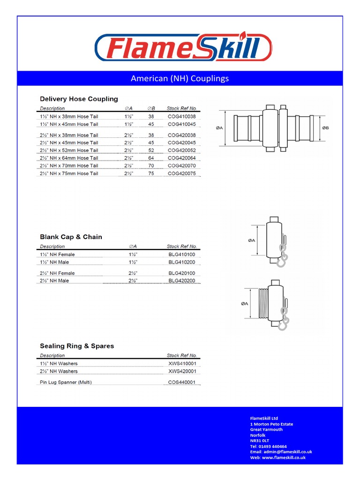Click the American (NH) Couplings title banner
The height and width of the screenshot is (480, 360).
(x=180, y=78)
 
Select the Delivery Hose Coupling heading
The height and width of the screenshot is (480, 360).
(x=79, y=99)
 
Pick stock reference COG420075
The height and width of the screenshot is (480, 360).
(x=181, y=173)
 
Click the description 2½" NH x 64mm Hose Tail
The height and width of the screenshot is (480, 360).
(x=69, y=158)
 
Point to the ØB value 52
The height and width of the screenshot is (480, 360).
(x=151, y=150)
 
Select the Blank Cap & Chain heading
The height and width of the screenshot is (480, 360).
(x=71, y=237)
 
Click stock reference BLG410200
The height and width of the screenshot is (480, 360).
(x=182, y=262)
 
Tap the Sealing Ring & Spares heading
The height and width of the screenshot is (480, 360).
(x=77, y=346)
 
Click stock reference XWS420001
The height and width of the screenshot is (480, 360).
(x=182, y=371)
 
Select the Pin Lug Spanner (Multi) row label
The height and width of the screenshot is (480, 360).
(x=66, y=382)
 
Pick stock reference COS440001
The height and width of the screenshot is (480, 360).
(x=182, y=382)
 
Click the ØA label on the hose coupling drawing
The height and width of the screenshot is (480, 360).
(x=219, y=128)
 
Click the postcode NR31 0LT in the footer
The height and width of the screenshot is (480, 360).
(x=260, y=441)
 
